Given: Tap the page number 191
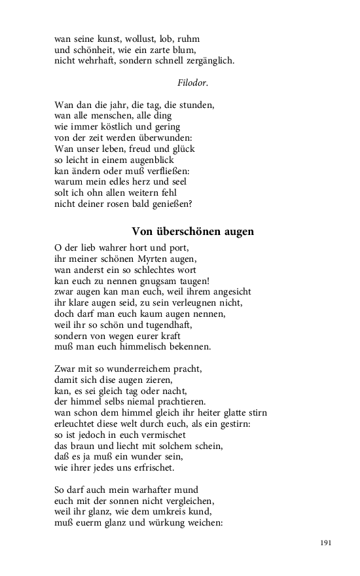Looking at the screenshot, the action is [327, 543].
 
